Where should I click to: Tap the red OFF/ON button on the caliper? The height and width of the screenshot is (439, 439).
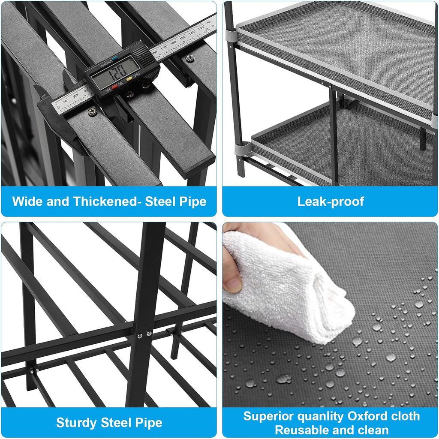click(114, 87)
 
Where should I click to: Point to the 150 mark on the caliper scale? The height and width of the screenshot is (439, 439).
click(201, 28)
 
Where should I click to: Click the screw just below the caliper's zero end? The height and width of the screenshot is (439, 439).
click(93, 112)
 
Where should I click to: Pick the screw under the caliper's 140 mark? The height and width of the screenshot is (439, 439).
click(190, 58)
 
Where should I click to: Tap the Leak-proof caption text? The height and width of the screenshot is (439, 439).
click(331, 201)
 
